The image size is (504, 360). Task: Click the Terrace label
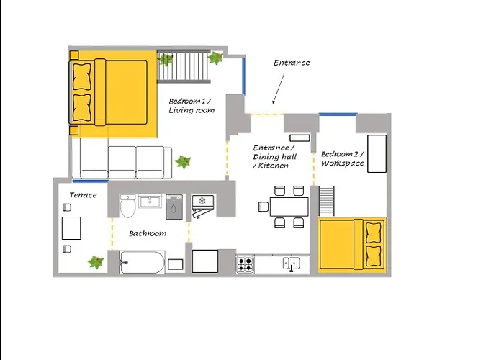(x=83, y=195)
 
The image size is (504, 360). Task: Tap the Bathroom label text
(x=148, y=233)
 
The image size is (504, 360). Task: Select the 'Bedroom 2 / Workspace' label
(x=342, y=158)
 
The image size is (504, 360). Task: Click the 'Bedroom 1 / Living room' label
(x=192, y=106)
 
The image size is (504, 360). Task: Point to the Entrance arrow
(x=279, y=89)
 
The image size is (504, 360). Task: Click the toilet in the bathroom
(x=128, y=206)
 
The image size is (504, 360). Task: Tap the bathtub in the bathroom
(x=142, y=262)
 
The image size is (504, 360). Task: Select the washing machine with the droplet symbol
(x=174, y=207)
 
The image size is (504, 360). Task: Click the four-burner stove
(x=245, y=264)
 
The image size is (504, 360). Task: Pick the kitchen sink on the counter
(x=291, y=264)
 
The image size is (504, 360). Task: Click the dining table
(x=289, y=207)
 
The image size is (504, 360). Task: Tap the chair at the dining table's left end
(x=264, y=207)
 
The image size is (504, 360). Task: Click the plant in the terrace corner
(x=96, y=262)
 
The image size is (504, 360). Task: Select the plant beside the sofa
(x=183, y=162)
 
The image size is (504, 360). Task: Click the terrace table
(x=71, y=228)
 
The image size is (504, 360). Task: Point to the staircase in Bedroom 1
(x=184, y=66)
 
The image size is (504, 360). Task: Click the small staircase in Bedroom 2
(x=326, y=201)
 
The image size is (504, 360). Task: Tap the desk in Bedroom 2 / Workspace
(x=377, y=153)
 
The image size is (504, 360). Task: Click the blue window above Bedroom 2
(x=338, y=114)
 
